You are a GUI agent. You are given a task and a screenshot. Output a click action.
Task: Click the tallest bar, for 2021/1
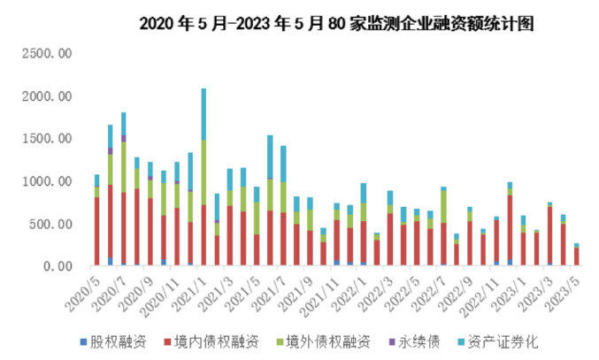[x=204, y=177]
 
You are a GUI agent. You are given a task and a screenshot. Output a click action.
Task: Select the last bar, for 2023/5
[x=576, y=255]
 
